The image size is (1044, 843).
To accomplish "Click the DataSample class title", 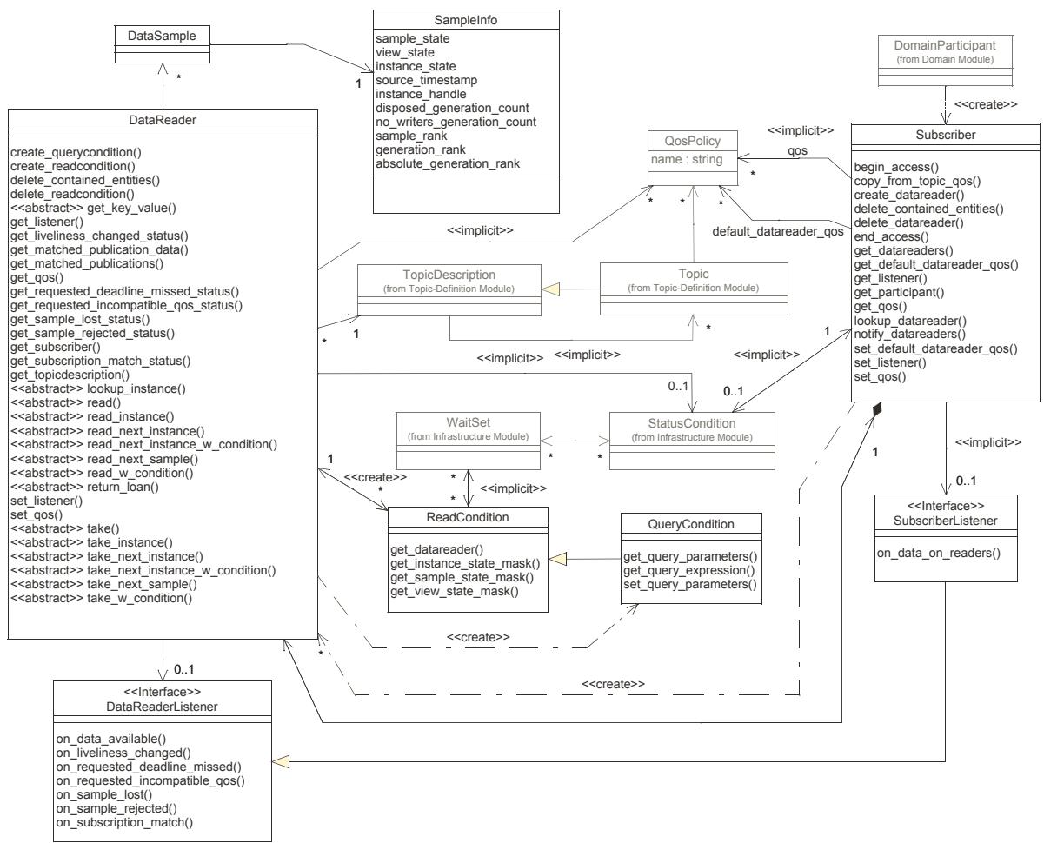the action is coord(162,36).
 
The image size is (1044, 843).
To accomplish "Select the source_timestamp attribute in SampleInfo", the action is coord(426,80).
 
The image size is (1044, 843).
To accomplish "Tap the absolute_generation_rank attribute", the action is coord(447,163).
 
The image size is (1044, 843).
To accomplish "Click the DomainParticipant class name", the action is coord(945,45).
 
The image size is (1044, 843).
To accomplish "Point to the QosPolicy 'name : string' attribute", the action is coord(686,159).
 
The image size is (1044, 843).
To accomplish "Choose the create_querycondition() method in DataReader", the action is coord(76,152).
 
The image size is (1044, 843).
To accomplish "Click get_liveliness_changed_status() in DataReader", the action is coord(99,236).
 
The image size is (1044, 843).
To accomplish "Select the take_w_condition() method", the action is coord(101,598).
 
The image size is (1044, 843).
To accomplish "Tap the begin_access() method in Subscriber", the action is coord(896,167).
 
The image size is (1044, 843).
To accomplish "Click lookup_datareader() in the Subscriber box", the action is coord(910,321).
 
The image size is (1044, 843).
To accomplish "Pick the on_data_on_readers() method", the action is coord(938,553).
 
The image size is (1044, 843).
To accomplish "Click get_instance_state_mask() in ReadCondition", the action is coord(465,563).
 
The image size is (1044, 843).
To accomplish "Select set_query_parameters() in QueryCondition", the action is coord(689,584).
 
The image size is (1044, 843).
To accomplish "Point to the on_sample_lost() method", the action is coord(104,794).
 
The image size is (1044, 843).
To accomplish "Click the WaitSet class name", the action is coord(468,422).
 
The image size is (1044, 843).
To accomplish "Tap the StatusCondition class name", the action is coord(692,423).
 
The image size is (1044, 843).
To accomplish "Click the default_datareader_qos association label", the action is coord(778,231).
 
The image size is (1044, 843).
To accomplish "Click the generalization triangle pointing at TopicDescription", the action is coord(550,289).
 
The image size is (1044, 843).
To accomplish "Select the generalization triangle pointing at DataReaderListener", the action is coord(281,761).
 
